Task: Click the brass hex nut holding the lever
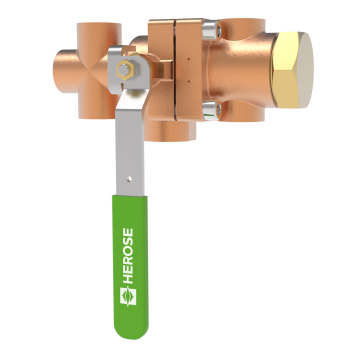(x=125, y=72)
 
